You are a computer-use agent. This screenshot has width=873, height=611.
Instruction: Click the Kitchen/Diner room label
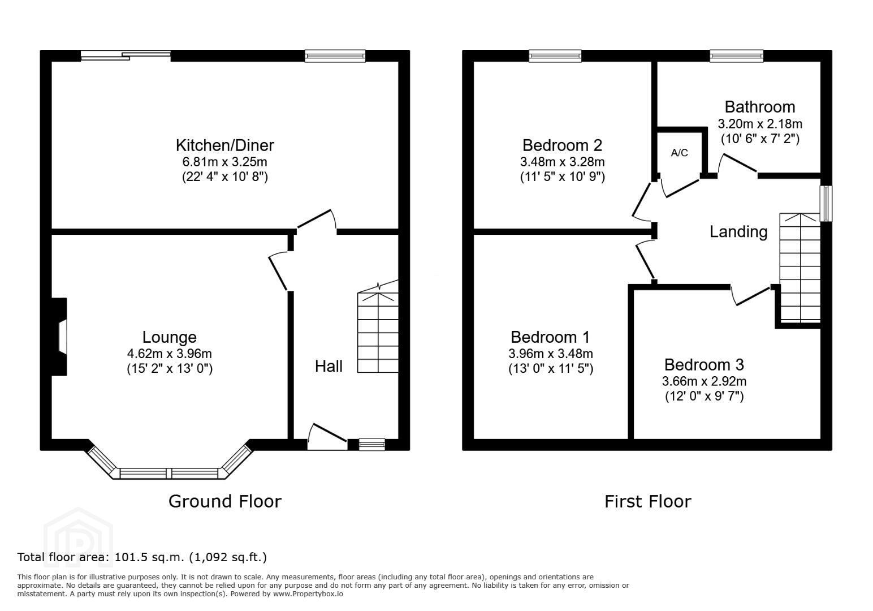point(225,145)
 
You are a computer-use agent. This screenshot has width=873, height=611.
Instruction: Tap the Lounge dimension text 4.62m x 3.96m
point(170,354)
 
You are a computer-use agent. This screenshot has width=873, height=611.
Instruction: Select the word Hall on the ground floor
point(329,366)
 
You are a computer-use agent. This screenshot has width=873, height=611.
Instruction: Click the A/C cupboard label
point(679,153)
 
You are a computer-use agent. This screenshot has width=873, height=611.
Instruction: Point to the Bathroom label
point(759,107)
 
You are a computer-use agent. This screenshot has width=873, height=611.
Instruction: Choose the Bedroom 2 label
point(562,145)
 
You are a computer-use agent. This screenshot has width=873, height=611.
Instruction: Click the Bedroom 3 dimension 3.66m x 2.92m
point(705,381)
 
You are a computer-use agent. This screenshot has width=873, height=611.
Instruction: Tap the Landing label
point(738,232)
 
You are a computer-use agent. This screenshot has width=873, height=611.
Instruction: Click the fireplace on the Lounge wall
point(58,337)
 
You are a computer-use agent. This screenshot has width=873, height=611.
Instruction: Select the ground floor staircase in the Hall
point(378,327)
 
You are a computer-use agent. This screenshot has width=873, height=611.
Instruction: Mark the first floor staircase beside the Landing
point(799,268)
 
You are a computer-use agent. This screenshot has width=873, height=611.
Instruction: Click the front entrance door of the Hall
point(327,437)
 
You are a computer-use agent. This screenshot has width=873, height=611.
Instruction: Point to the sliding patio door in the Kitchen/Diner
point(126,56)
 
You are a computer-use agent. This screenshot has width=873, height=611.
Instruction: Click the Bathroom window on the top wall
point(736,56)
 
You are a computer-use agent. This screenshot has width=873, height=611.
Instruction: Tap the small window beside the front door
point(372,445)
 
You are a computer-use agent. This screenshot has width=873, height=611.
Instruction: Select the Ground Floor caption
point(225,501)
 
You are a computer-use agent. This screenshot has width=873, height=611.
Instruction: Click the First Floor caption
point(648,501)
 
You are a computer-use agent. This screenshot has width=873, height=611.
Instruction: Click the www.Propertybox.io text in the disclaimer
point(308,594)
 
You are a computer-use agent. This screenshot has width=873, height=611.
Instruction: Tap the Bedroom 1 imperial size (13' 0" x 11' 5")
point(551,369)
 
